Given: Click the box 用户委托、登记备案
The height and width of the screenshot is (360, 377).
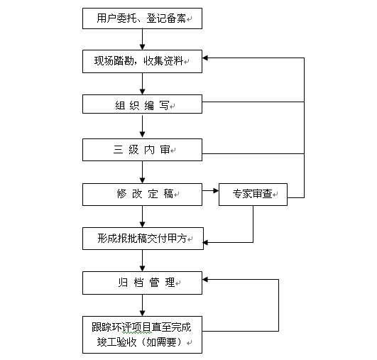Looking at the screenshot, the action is (142, 18).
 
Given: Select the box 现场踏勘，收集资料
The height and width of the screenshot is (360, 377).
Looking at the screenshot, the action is (142, 61).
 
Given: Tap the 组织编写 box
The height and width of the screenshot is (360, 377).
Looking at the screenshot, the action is (142, 104).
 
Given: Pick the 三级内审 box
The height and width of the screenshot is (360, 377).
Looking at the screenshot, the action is (142, 150).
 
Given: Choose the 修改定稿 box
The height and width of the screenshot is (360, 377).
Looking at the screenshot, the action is (142, 195).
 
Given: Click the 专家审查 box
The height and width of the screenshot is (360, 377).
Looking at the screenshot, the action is (253, 195).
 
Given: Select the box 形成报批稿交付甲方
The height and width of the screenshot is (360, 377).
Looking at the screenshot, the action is (143, 239).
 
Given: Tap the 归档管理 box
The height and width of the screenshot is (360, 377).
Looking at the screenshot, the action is (142, 283).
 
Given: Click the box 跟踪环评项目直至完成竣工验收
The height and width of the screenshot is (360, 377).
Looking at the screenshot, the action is (142, 334).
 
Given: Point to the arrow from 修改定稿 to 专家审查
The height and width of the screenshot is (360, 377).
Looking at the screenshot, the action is (210, 191).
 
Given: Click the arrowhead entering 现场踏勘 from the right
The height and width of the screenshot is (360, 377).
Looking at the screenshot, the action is (205, 58).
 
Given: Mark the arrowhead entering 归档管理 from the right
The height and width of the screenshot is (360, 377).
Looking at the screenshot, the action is (205, 280).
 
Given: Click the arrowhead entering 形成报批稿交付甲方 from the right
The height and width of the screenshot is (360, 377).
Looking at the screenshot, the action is (206, 242).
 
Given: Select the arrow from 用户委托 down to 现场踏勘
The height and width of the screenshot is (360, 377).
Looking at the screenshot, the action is (142, 40).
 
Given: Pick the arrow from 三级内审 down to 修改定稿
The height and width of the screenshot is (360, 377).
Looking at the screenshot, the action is (142, 172).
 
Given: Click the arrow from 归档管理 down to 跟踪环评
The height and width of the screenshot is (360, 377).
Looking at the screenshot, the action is (142, 305).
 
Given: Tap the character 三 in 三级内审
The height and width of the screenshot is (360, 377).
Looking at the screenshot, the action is (118, 150).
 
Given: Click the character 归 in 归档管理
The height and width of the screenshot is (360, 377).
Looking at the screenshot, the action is (123, 283).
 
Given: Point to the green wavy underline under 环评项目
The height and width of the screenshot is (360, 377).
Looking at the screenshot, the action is (137, 332).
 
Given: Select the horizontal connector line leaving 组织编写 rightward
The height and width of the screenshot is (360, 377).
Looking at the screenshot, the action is (253, 102).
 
